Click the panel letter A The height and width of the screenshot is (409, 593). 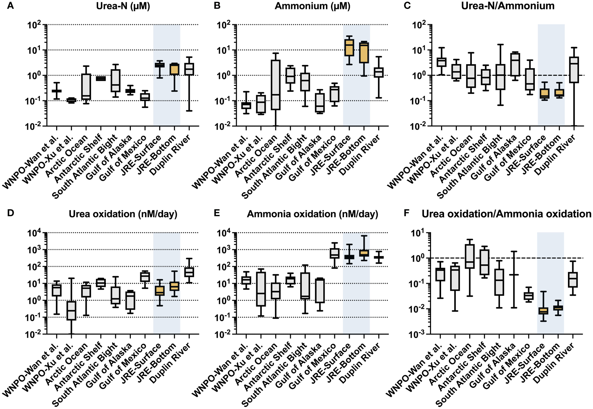[10, 6]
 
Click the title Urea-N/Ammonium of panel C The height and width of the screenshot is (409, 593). [508, 6]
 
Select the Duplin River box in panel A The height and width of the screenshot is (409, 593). [189, 69]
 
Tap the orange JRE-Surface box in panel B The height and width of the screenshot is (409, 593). [349, 47]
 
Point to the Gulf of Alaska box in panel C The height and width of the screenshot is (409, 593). [515, 64]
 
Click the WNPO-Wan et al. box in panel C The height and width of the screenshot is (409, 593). [441, 62]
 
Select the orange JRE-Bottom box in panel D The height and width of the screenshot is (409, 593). [174, 286]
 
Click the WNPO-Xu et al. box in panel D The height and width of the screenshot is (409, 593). [71, 311]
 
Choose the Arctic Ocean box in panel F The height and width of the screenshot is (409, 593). [470, 256]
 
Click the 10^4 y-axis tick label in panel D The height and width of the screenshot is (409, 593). [34, 233]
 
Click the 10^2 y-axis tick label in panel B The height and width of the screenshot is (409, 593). [224, 25]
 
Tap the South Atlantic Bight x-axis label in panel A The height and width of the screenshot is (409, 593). [85, 166]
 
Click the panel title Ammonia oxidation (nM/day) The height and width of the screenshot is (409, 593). [312, 214]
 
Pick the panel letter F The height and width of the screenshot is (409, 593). [407, 213]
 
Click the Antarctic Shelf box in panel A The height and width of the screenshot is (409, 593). [101, 79]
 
